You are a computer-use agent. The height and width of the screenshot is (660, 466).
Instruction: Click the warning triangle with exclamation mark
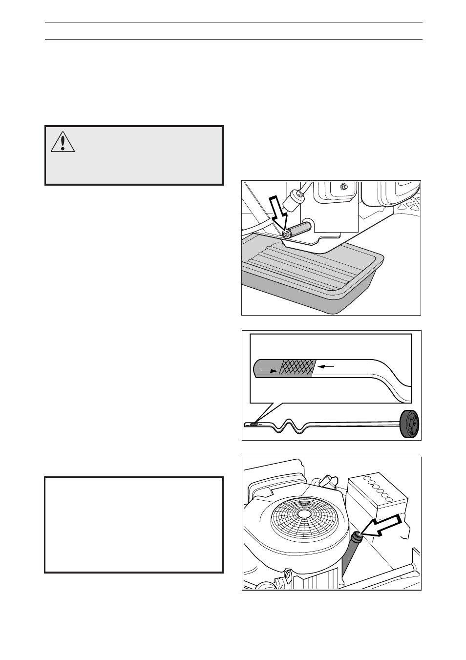click(x=63, y=142)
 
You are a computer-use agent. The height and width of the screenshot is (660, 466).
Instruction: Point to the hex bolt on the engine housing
click(x=344, y=186)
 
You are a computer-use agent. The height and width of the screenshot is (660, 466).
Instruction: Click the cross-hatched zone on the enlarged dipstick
click(x=297, y=368)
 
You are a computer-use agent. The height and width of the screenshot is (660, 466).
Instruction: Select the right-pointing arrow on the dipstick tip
click(x=268, y=371)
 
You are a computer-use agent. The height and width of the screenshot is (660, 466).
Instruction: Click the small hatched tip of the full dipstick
click(x=253, y=425)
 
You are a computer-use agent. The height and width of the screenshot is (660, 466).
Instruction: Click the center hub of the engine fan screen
click(x=304, y=514)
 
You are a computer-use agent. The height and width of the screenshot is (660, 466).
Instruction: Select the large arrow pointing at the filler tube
click(x=386, y=526)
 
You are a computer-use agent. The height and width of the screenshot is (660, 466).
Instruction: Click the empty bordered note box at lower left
click(x=134, y=524)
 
